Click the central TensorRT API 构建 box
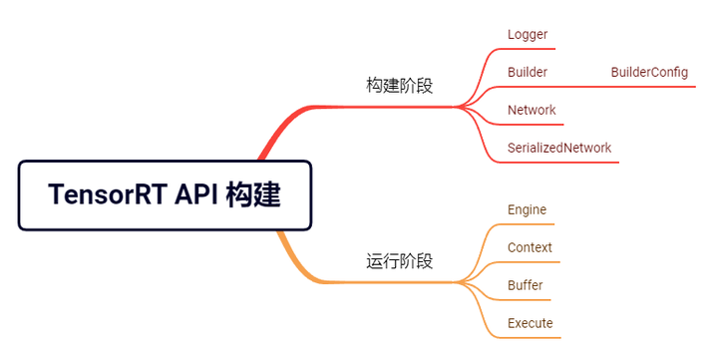[165, 195]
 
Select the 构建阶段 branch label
[399, 85]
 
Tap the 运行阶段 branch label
[399, 261]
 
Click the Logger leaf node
[528, 35]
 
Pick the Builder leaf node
[527, 72]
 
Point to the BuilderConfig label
[649, 72]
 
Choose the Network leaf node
[532, 110]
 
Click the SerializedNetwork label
[558, 148]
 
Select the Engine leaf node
[527, 209]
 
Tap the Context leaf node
[530, 247]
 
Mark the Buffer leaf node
[526, 285]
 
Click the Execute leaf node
[530, 323]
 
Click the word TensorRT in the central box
[107, 195]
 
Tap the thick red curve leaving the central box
[275, 135]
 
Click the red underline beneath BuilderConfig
[648, 87]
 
